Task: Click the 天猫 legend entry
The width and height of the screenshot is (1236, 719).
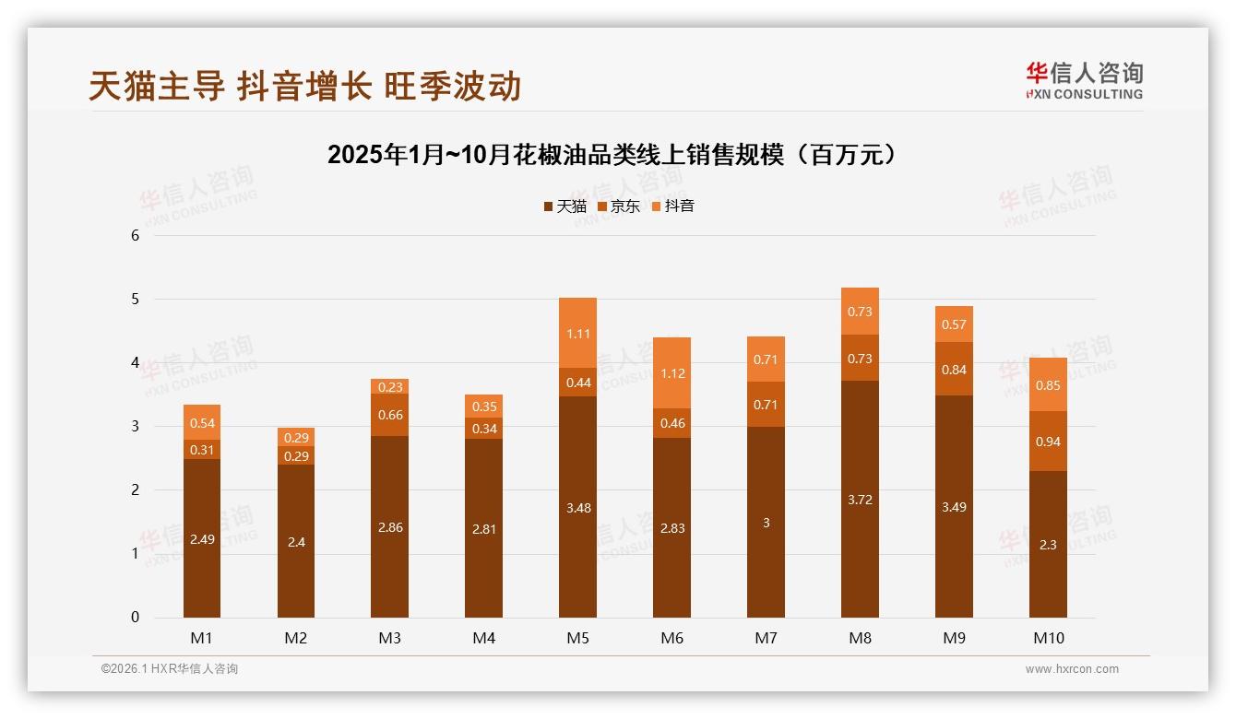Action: (565, 206)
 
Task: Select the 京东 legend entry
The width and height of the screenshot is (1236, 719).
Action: (619, 206)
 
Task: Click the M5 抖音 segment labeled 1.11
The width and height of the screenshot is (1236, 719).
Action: (578, 334)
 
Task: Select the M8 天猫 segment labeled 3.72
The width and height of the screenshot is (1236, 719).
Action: (860, 499)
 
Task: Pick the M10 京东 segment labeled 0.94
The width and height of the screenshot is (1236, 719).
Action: (1048, 442)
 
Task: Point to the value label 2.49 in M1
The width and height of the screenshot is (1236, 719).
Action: (202, 539)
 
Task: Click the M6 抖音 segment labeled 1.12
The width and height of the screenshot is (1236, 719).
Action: (672, 373)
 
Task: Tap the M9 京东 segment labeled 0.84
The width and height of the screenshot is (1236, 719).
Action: (954, 370)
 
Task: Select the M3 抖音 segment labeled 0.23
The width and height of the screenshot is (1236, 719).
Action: (390, 387)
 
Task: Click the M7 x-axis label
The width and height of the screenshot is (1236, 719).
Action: (767, 638)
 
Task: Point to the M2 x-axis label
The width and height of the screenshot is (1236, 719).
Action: (296, 638)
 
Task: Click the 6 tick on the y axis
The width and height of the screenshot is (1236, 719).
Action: (136, 236)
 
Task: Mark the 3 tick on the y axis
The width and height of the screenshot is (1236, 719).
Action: (136, 427)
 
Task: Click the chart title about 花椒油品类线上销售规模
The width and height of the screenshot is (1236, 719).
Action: (612, 155)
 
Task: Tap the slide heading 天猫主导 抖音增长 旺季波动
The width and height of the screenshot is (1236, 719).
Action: (305, 86)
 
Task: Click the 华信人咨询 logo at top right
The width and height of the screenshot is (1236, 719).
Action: (1084, 81)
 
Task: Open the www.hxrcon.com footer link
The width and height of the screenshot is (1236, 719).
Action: (1072, 669)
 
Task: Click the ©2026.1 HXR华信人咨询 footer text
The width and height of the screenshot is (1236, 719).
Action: (170, 669)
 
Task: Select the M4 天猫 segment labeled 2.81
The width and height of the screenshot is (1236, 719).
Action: (484, 528)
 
